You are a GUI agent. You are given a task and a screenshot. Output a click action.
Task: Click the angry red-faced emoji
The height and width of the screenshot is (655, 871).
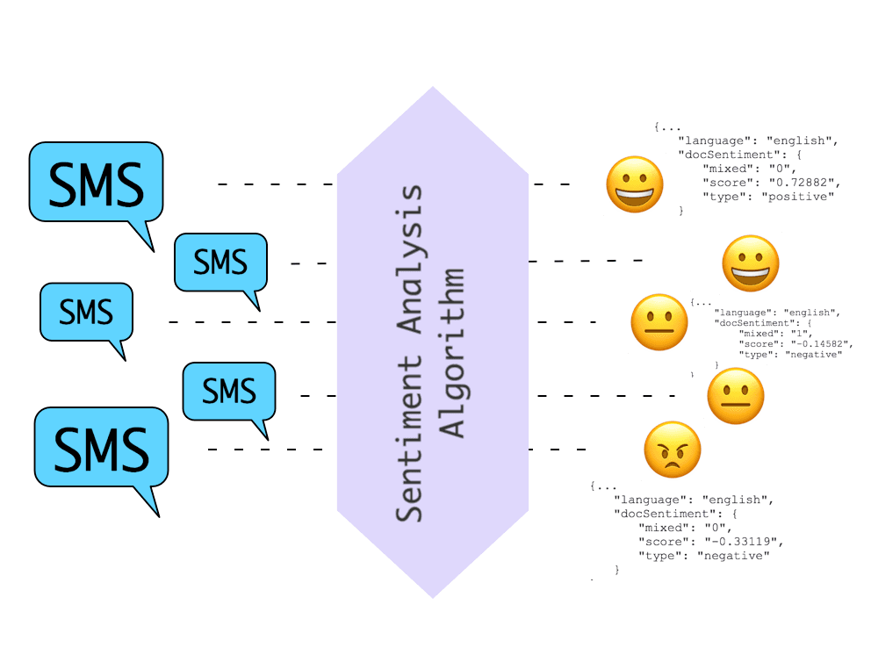point(673,451)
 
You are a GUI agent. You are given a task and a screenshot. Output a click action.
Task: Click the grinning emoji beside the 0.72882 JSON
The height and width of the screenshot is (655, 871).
point(634,184)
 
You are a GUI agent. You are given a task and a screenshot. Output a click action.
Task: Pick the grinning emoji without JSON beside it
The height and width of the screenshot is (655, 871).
point(751,263)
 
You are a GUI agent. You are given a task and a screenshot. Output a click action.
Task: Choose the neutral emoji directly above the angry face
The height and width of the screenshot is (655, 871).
point(736,396)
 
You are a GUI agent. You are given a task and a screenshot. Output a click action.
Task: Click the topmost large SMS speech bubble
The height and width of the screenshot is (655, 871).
point(97,183)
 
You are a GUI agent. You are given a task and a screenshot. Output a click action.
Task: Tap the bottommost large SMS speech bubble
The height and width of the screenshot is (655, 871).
point(101,448)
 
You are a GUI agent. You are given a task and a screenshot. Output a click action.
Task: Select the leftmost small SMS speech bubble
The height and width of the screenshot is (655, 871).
point(86,313)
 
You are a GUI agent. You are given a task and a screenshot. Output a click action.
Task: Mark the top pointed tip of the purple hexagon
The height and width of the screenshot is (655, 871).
point(433,88)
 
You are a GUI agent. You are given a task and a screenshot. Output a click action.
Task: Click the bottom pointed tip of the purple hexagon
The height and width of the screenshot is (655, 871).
point(433,597)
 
